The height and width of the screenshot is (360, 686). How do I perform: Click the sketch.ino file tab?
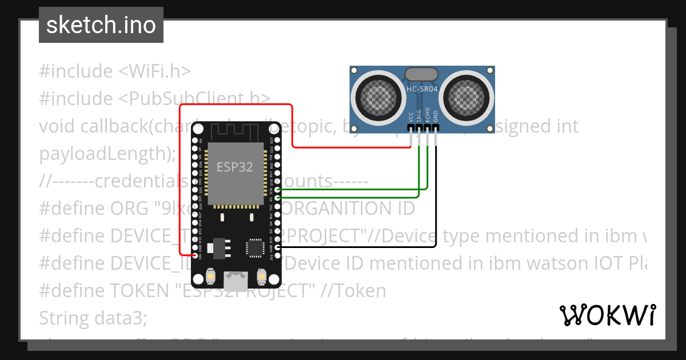click(x=101, y=25)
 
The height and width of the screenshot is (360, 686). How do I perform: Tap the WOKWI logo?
click(x=607, y=315)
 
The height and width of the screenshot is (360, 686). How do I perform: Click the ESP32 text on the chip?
click(x=234, y=166)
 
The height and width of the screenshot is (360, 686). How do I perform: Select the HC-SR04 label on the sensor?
click(x=422, y=89)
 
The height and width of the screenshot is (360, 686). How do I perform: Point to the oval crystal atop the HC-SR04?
click(x=421, y=74)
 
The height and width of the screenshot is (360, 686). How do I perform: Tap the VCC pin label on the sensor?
click(x=411, y=117)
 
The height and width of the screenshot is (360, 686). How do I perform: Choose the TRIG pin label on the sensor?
click(x=419, y=116)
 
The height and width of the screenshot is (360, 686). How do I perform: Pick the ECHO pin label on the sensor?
click(x=428, y=115)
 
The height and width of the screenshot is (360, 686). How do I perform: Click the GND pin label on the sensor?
click(x=436, y=117)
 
